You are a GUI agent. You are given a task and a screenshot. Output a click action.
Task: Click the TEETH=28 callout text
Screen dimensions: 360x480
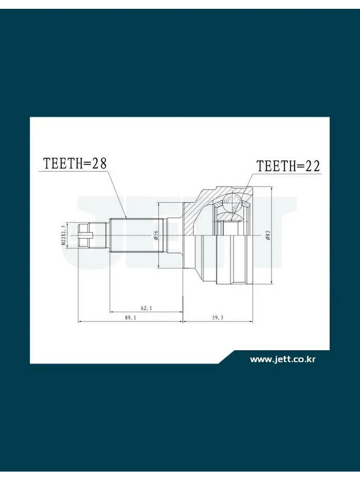click(x=75, y=163)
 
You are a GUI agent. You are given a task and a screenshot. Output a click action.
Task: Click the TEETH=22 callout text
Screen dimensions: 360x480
click(x=288, y=166)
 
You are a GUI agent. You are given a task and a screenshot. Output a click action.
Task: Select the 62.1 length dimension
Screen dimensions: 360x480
click(x=146, y=308)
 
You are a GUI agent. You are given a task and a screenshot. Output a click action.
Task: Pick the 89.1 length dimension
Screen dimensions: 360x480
click(x=130, y=318)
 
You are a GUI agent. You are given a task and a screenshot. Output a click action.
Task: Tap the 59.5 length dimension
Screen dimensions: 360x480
click(x=218, y=318)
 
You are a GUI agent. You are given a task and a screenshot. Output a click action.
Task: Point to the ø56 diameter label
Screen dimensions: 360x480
click(x=156, y=235)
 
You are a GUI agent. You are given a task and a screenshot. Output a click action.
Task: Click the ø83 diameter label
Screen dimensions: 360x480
click(x=268, y=235)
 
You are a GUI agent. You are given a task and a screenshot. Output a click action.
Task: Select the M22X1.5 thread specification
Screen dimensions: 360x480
click(x=64, y=235)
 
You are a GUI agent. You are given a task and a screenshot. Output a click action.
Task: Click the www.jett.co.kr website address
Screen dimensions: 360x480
click(x=283, y=359)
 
